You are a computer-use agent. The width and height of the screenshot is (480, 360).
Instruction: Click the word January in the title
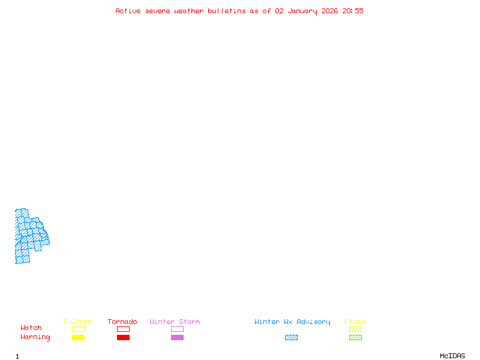(x=302, y=11)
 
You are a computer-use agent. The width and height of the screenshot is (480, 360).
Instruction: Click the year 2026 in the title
(x=329, y=11)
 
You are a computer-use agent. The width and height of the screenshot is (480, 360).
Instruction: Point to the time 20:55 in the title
(x=353, y=11)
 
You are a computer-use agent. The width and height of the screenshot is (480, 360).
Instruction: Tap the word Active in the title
(x=128, y=11)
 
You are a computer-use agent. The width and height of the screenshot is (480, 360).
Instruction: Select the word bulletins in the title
(x=227, y=11)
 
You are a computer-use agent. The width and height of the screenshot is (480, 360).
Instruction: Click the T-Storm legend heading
(x=77, y=322)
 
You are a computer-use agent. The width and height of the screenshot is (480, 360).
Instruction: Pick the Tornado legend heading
(x=122, y=322)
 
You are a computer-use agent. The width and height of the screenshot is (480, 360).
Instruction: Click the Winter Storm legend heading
(x=175, y=322)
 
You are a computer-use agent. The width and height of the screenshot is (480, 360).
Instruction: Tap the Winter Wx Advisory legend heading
(x=292, y=322)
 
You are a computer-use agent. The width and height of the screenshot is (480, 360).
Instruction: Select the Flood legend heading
(x=355, y=322)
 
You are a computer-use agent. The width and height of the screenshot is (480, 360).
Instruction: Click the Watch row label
(x=31, y=328)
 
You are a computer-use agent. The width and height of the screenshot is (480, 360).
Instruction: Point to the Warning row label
(x=35, y=337)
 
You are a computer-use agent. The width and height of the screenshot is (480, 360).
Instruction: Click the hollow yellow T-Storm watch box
(x=79, y=329)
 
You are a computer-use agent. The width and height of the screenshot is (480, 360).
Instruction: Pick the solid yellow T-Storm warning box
(x=79, y=337)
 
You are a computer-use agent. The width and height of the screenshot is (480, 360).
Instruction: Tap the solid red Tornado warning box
(x=124, y=337)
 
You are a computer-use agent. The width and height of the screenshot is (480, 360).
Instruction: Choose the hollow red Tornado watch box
(x=124, y=329)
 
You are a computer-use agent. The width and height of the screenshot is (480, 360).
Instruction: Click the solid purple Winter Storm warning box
(x=177, y=337)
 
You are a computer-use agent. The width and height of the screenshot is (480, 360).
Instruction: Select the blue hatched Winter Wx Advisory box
(x=291, y=337)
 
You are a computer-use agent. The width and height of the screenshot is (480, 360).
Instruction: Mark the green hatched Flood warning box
(x=355, y=337)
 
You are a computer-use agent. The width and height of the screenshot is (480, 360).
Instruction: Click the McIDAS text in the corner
(x=452, y=356)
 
